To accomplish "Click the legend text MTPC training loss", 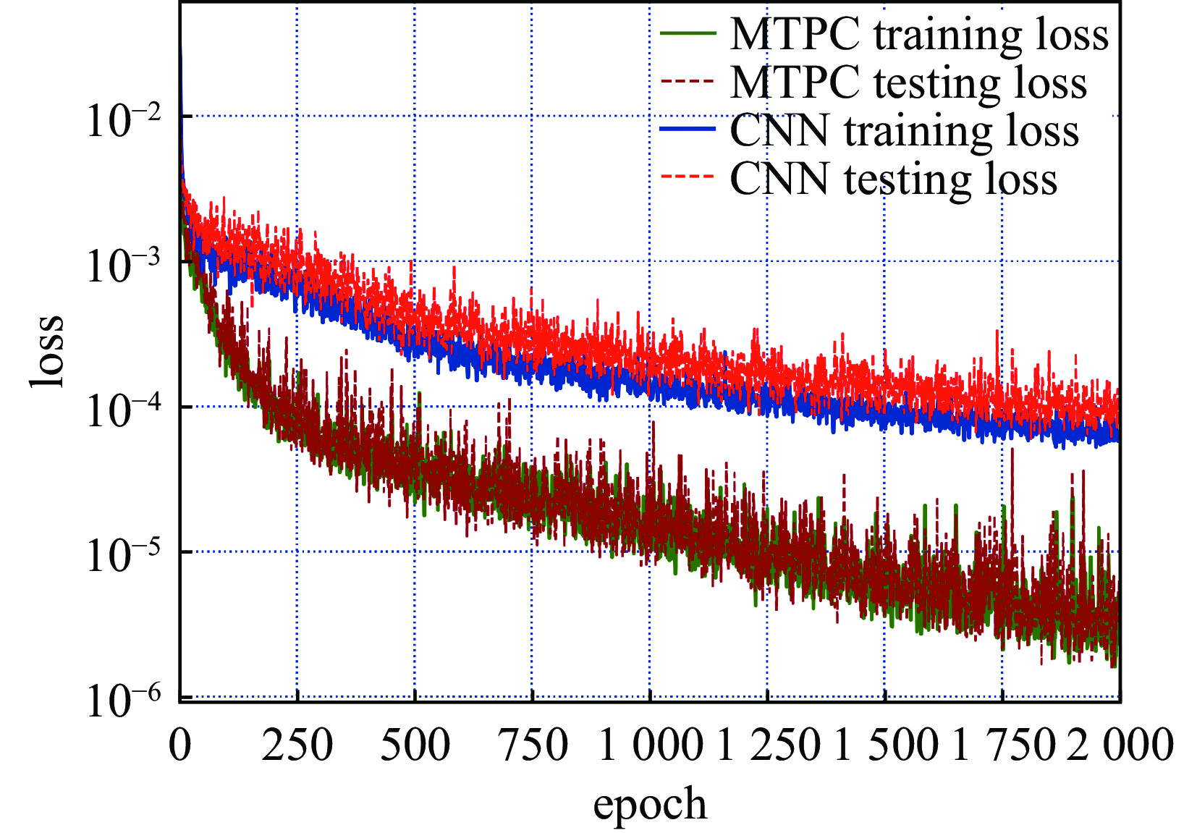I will (919, 35).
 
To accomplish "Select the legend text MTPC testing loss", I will (908, 83).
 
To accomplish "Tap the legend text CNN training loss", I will (904, 131).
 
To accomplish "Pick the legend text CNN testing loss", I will (893, 179).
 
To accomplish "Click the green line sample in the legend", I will (688, 34).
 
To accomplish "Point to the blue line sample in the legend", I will (688, 130).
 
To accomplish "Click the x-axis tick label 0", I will (180, 745).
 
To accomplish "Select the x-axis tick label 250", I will (297, 745).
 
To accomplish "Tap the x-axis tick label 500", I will (415, 745).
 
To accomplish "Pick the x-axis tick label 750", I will (533, 745).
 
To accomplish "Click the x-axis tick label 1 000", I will (650, 745).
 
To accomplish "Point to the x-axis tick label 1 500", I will (885, 745).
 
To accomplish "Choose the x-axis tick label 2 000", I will (1120, 745).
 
